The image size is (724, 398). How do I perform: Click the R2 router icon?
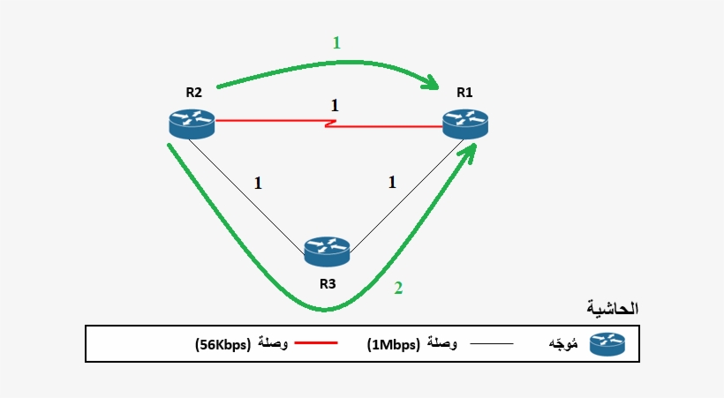coord(192,124)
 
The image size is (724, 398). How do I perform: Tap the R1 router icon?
coord(465,124)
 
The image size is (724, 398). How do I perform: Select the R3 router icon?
coord(327,251)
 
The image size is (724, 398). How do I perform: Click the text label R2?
coord(193,92)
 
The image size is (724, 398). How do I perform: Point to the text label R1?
coord(465,92)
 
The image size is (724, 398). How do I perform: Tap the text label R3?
coord(328,284)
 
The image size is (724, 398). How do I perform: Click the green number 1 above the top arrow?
coord(335,41)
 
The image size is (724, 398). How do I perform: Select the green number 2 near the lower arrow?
coord(398,288)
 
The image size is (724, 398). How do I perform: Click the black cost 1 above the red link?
coord(334,105)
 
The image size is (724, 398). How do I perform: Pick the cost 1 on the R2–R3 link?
coord(258,184)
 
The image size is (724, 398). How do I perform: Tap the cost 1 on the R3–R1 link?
coord(392,184)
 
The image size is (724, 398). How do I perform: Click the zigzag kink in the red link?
coord(326,124)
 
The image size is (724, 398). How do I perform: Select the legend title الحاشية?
coord(612,309)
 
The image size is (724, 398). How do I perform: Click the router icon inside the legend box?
coord(607,343)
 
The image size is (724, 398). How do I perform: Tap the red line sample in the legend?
coord(314,342)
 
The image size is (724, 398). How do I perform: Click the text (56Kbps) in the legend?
coord(222,344)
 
